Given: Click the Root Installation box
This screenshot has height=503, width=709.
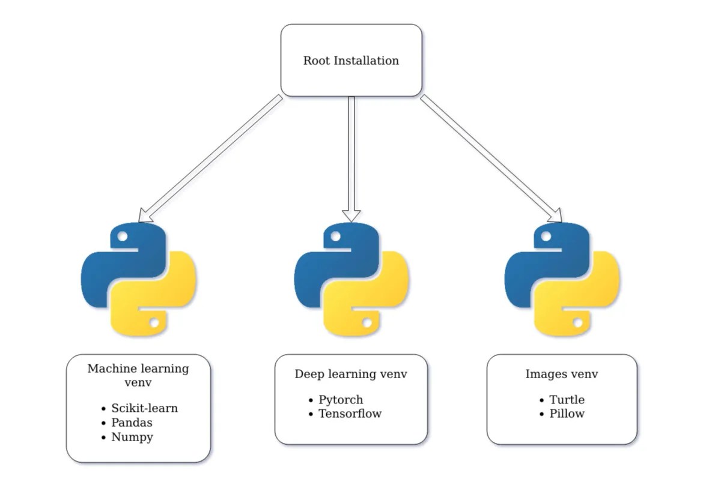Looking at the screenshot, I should click(x=351, y=60).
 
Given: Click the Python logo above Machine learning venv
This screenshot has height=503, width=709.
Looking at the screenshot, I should click(x=139, y=280).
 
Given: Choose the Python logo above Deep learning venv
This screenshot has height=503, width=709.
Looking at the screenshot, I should click(x=351, y=280).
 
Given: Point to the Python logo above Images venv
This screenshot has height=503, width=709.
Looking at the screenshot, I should click(x=562, y=280).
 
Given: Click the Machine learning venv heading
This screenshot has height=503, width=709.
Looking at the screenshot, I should click(x=138, y=375).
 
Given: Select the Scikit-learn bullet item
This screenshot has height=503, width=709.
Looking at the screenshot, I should click(x=144, y=408).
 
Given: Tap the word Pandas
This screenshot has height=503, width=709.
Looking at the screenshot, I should click(x=132, y=423).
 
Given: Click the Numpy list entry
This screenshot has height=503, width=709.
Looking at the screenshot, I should click(x=132, y=437).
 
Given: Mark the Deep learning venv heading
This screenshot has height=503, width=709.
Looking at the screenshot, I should click(x=351, y=374).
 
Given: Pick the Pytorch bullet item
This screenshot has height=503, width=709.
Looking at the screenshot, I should click(x=341, y=400).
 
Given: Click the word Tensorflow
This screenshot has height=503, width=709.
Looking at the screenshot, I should click(x=350, y=414).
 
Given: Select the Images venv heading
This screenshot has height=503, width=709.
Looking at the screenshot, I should click(x=562, y=374).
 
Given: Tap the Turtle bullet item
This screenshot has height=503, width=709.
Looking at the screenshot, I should click(x=567, y=400).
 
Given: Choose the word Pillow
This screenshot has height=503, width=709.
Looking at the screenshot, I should click(x=567, y=414).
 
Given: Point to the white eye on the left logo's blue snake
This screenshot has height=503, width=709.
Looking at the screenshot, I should click(x=123, y=236).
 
